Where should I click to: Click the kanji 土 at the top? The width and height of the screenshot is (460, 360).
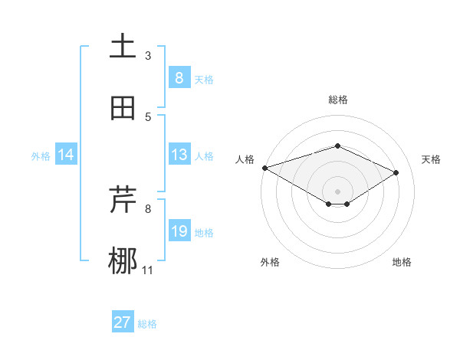[x=123, y=47]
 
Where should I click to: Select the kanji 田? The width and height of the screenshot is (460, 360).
[x=123, y=108]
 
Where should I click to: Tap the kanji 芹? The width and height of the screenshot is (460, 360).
[x=123, y=201]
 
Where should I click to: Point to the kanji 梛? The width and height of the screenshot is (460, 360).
[x=123, y=261]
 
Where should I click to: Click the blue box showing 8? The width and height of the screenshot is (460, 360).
[x=179, y=77]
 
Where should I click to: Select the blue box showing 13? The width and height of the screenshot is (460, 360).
[x=179, y=155]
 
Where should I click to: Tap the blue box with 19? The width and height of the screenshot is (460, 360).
[x=179, y=231]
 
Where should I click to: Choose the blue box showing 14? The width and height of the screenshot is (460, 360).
[x=66, y=155]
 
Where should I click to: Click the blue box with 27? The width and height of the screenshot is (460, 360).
[x=123, y=322]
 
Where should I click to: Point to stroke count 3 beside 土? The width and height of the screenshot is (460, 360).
[x=148, y=55]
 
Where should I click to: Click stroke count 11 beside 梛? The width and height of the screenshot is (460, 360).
[x=148, y=270]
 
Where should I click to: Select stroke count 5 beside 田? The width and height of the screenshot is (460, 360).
[x=148, y=116]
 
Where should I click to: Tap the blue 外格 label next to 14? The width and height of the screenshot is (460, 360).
[x=41, y=155]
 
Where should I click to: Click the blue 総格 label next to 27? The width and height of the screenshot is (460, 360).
[x=147, y=324]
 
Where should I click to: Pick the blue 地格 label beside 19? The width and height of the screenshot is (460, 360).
[x=204, y=232]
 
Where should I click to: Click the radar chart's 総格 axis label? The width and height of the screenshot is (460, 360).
[x=337, y=100]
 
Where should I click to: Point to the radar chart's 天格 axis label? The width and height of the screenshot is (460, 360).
[x=431, y=159]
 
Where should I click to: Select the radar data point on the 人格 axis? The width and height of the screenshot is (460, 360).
[x=264, y=168]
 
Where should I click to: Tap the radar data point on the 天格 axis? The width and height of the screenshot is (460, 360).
[x=396, y=173]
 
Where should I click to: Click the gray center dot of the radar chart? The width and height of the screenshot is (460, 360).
[x=337, y=191]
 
